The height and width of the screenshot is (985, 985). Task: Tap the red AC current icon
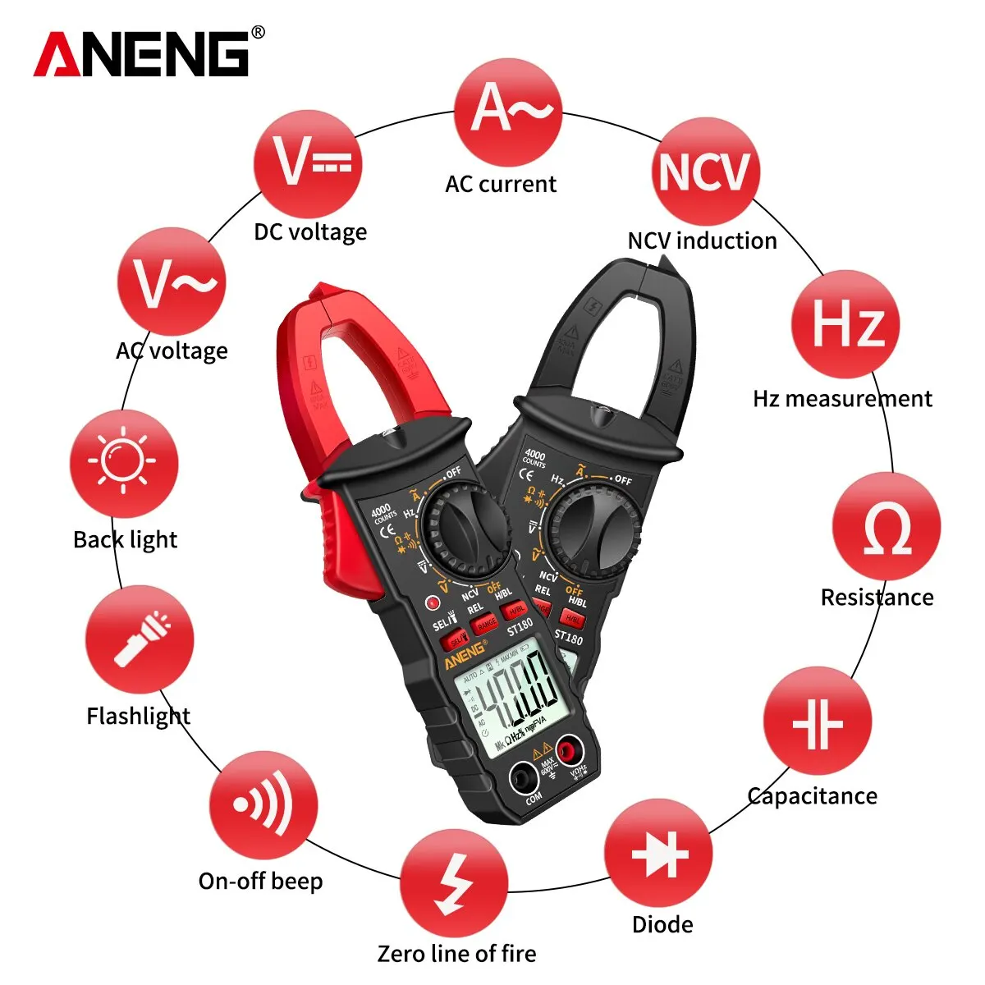point(508,112)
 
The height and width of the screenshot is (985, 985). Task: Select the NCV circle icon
point(705,172)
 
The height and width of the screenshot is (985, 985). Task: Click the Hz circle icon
point(845,324)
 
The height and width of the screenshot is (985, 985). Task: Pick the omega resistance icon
point(886,527)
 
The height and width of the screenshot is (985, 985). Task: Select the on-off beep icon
point(263,805)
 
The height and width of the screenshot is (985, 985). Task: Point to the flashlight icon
point(140,639)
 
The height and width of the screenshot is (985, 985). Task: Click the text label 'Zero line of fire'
point(456,954)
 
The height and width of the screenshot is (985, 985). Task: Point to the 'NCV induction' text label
point(702,241)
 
